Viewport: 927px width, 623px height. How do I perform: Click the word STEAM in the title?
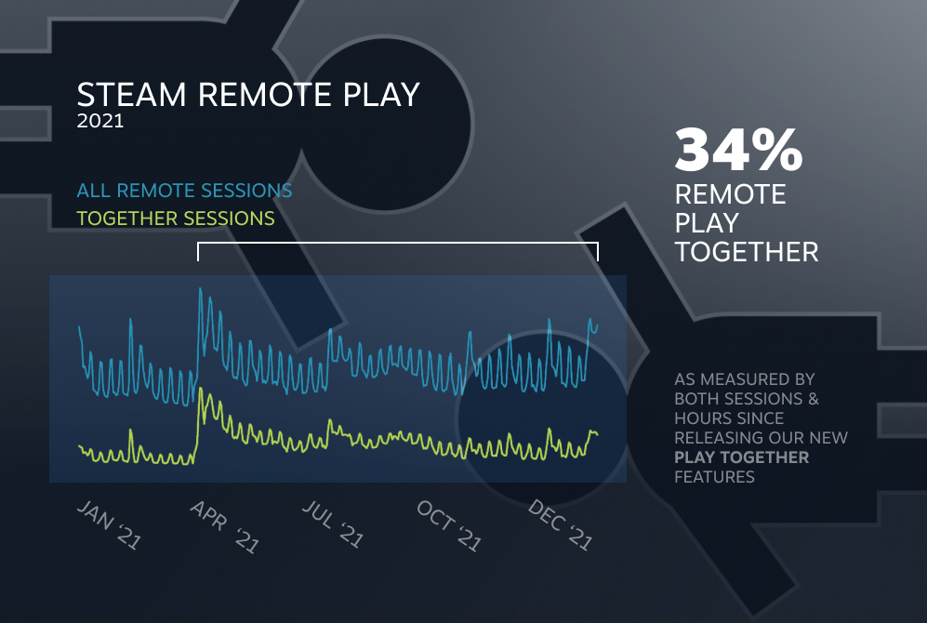tap(131, 95)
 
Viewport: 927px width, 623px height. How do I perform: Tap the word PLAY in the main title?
tap(381, 95)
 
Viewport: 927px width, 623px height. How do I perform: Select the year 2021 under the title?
tap(99, 121)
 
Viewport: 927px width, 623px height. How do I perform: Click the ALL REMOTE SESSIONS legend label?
tap(184, 191)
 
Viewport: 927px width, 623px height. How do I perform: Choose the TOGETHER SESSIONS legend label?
tap(176, 219)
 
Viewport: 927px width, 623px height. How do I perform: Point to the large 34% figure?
tap(738, 150)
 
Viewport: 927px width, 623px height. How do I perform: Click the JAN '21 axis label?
tap(110, 524)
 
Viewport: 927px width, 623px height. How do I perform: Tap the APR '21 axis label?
tap(225, 526)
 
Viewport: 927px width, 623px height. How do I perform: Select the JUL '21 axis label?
tap(334, 524)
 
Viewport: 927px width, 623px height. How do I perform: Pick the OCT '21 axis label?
tap(449, 524)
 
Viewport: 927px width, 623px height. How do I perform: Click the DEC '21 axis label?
tap(561, 524)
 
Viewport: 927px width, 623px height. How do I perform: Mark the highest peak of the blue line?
tap(201, 288)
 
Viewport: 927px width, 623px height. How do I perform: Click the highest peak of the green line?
tap(201, 389)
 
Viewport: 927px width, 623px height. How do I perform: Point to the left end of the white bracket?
tap(198, 260)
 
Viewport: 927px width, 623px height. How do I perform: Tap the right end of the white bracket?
tap(598, 260)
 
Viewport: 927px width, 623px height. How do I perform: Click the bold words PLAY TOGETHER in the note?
tap(741, 457)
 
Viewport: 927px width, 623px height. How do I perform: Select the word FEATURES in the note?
tap(714, 477)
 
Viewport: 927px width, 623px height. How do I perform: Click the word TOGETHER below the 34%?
tap(747, 252)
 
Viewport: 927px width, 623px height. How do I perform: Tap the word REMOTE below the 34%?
tap(730, 194)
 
